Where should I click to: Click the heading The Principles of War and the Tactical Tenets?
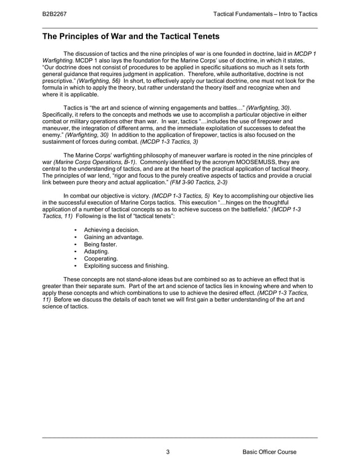click(x=131, y=37)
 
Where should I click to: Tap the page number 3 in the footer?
click(x=168, y=452)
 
